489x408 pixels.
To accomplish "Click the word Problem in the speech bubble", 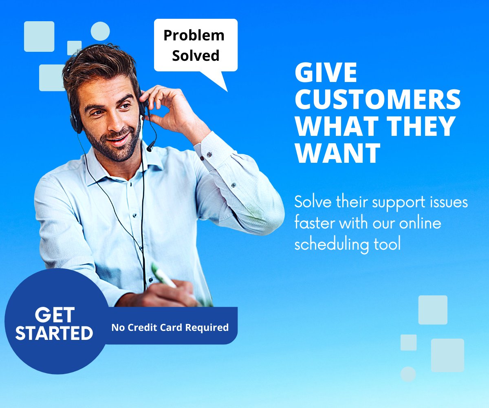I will click(x=194, y=36).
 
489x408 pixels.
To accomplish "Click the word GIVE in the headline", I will click(x=326, y=74).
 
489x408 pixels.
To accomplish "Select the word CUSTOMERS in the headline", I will click(x=378, y=100).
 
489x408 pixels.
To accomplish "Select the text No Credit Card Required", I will click(x=170, y=327).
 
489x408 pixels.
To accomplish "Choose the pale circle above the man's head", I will click(x=100, y=31).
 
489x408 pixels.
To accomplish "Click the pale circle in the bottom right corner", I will click(x=408, y=374).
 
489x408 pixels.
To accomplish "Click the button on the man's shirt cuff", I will click(x=209, y=154).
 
